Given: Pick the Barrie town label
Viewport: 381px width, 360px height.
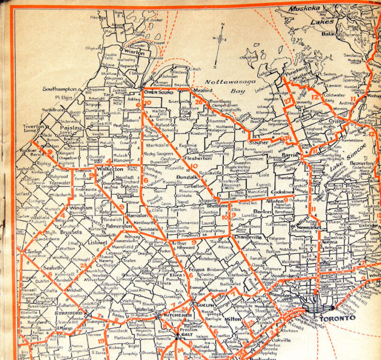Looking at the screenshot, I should coord(291,155).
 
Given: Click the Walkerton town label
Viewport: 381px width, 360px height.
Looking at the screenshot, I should coord(110,168).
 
